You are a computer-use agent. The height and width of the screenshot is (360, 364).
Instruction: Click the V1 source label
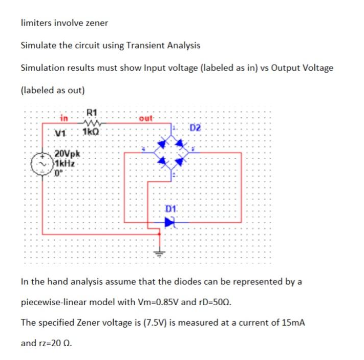(x=61, y=134)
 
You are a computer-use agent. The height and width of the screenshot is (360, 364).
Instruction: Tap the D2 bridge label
(x=197, y=127)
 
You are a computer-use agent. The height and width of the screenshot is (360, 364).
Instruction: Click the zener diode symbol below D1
(x=170, y=222)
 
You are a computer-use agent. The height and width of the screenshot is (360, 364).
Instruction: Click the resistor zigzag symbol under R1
(x=93, y=123)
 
